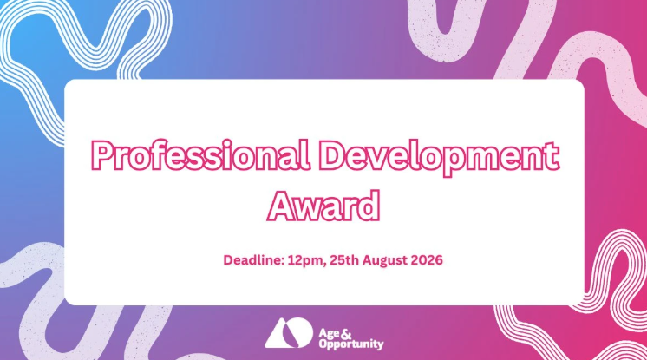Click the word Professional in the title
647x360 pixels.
coord(199,155)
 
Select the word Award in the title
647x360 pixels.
coord(323,206)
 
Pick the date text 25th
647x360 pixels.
coord(344,260)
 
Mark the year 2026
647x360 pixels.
coord(426,260)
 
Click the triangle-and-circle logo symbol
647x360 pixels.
coord(289,333)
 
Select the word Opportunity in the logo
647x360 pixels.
coord(351,344)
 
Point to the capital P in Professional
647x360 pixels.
coord(102,155)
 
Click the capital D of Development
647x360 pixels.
coord(333,155)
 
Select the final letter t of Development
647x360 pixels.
coord(552,157)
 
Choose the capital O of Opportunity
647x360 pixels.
coord(323,343)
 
